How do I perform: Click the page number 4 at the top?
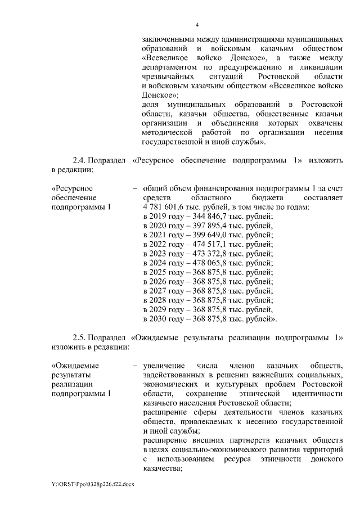197,25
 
